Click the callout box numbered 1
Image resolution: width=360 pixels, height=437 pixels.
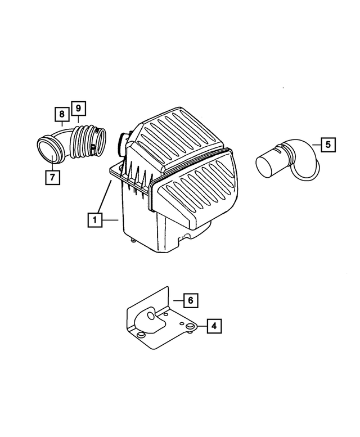tap(95, 220)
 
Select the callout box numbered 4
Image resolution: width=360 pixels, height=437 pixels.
tap(214, 326)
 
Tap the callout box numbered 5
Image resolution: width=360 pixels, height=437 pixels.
tap(329, 145)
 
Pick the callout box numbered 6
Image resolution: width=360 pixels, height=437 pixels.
tap(190, 301)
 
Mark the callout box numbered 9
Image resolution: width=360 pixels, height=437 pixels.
tap(78, 107)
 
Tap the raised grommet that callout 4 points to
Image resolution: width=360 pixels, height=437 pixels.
tap(190, 326)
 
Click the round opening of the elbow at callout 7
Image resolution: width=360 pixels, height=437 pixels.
tap(47, 149)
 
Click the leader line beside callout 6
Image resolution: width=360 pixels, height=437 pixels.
tap(175, 301)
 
